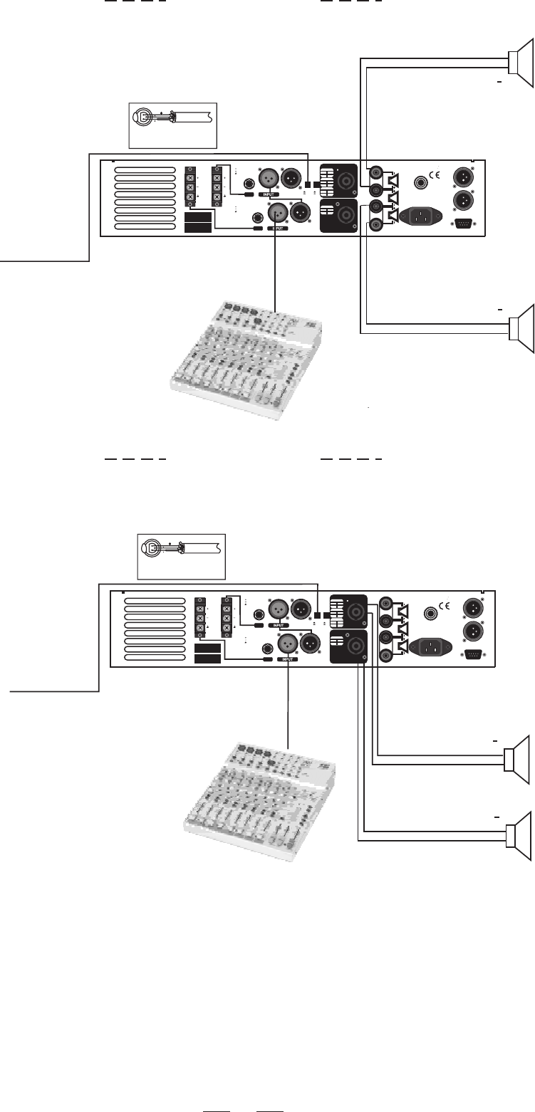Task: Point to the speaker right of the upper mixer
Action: [521, 327]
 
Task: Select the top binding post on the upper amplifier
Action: [375, 172]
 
